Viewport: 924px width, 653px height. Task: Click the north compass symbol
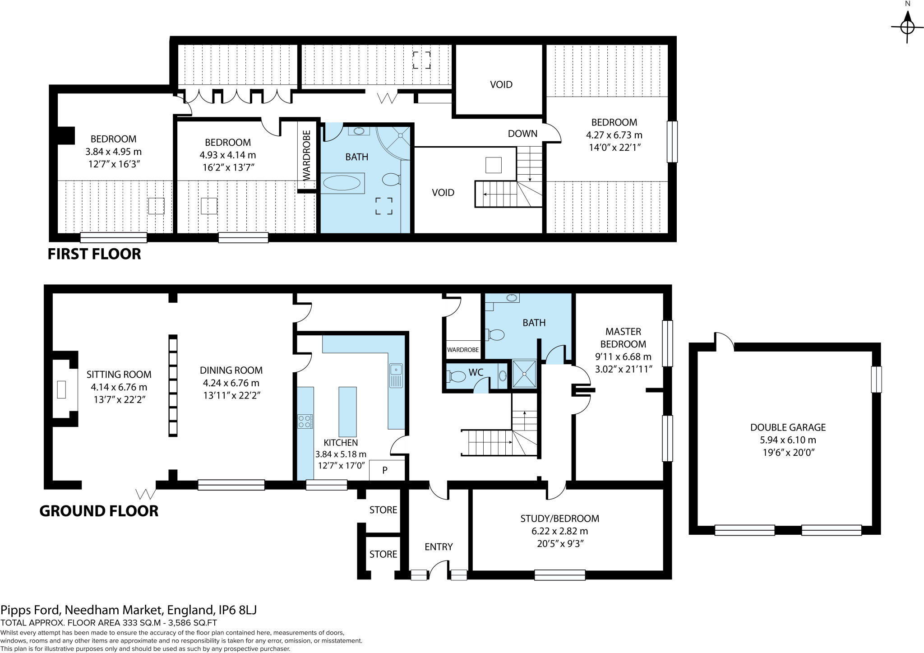(x=907, y=27)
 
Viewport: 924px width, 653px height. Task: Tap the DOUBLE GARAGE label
(x=788, y=427)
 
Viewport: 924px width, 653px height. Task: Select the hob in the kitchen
(x=305, y=421)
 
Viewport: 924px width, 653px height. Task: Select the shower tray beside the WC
(x=524, y=374)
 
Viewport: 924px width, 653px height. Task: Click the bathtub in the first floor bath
(x=342, y=183)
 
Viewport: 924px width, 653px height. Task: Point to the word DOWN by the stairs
(x=522, y=134)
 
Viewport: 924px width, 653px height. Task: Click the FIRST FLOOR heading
(x=94, y=254)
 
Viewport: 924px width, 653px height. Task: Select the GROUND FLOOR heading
(x=99, y=511)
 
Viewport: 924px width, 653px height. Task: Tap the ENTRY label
(x=439, y=547)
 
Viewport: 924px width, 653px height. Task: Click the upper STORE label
(x=383, y=510)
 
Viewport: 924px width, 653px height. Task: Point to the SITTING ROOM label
(x=119, y=375)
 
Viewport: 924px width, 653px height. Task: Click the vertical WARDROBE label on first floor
(x=307, y=156)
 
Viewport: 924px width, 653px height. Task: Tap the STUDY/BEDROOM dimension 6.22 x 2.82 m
(x=559, y=531)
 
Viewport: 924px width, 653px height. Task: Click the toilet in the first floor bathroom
(x=391, y=180)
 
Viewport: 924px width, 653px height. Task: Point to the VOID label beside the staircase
(x=443, y=193)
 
